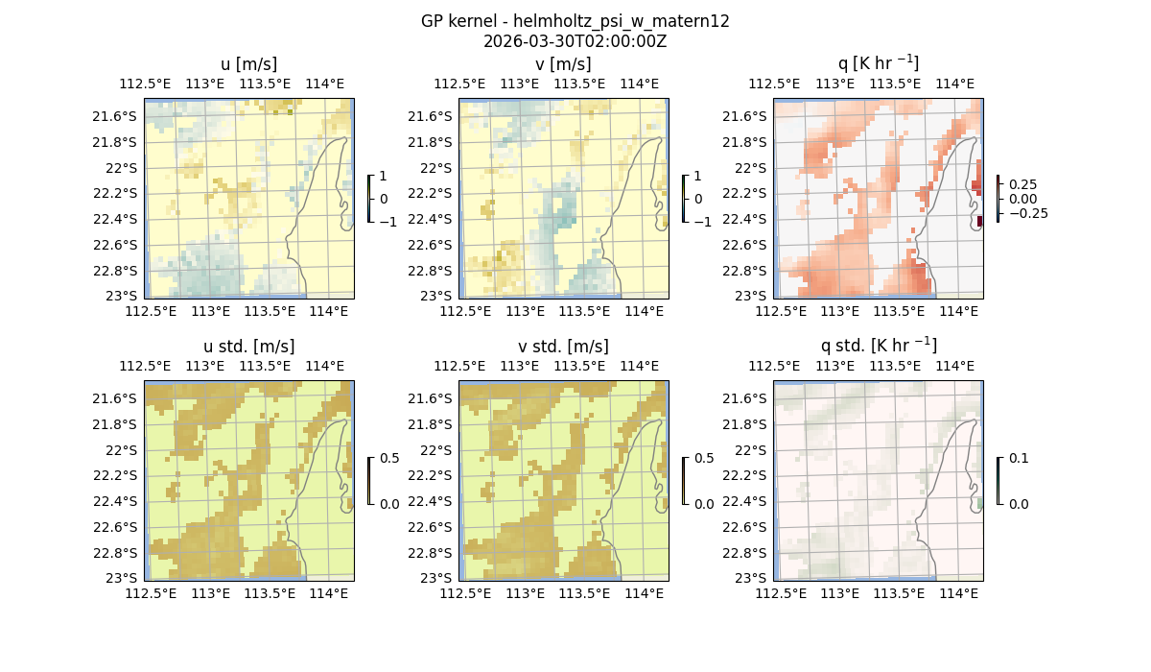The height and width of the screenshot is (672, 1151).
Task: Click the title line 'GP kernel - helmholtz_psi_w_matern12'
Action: pos(575,21)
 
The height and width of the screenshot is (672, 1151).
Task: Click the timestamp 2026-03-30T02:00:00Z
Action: pos(575,41)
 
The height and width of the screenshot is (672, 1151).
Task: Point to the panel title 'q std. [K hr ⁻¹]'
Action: pos(878,346)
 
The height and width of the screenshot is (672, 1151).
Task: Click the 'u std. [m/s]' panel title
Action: pos(248,346)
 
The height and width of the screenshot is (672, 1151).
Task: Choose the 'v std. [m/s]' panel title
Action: pos(563,346)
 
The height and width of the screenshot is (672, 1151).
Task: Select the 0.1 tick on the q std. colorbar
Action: pos(1018,458)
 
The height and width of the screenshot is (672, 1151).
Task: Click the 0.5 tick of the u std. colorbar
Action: pos(389,458)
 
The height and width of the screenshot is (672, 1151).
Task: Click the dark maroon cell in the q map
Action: pos(979,222)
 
